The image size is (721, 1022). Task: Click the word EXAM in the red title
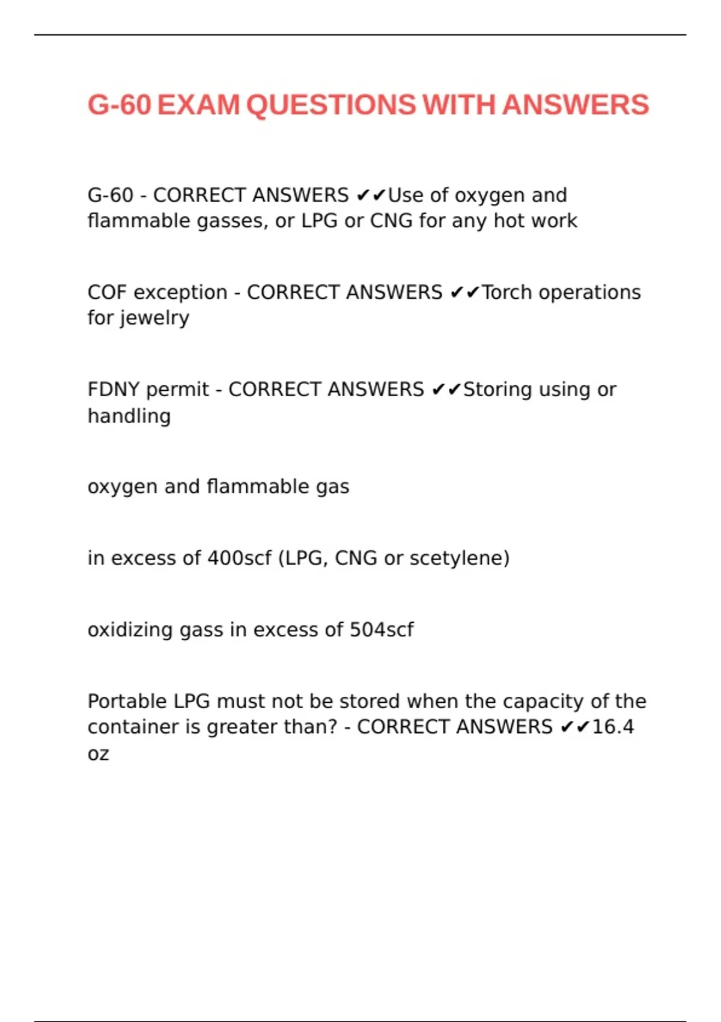point(198,105)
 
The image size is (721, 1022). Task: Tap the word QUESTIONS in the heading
point(330,105)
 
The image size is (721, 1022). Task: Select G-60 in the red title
point(119,105)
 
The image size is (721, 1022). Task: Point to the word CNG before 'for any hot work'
point(391,221)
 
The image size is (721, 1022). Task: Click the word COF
point(108,292)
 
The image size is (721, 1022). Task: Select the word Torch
point(507,292)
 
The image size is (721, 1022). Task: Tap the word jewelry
point(155,318)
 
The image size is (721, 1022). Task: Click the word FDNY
point(114,390)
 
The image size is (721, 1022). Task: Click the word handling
point(129,416)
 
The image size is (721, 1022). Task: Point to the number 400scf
point(239,558)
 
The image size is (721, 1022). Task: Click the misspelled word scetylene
point(459,558)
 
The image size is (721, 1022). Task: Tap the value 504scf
point(382,629)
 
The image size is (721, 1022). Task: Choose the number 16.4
point(613,727)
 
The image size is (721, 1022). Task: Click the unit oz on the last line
point(98,754)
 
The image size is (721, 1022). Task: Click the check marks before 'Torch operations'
point(464,292)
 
